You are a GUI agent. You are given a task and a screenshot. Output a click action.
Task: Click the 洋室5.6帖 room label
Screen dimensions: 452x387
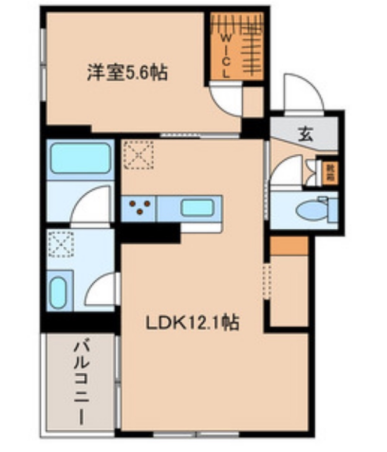[x=126, y=73]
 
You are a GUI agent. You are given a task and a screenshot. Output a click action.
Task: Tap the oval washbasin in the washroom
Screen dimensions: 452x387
[x=58, y=292]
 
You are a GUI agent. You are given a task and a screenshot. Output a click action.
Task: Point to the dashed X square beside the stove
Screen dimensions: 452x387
[x=138, y=154]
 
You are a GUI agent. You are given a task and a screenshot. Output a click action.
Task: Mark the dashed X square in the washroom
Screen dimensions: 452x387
[x=61, y=244]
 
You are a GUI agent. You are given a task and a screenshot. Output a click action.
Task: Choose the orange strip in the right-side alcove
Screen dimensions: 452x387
[x=289, y=246]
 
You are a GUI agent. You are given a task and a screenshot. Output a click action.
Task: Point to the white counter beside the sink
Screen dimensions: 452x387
[x=201, y=227]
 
